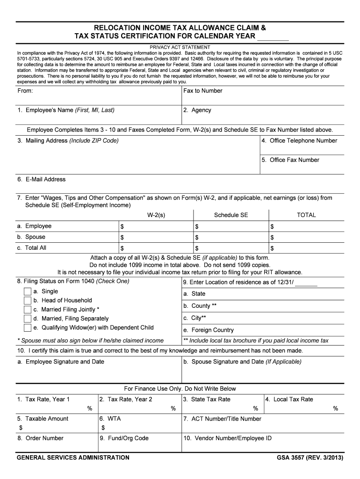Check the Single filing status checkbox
click(27, 291)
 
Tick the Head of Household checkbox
click(27, 300)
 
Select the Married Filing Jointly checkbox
click(27, 310)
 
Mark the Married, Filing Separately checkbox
click(27, 319)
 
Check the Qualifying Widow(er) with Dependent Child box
click(27, 327)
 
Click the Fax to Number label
click(203, 91)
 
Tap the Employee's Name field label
click(65, 110)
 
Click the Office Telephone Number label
click(299, 141)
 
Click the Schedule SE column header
click(231, 215)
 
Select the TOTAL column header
click(306, 215)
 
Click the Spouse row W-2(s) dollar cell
click(155, 237)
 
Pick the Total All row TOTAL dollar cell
click(306, 248)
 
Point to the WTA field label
click(111, 419)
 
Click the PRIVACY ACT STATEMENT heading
click(180, 47)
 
